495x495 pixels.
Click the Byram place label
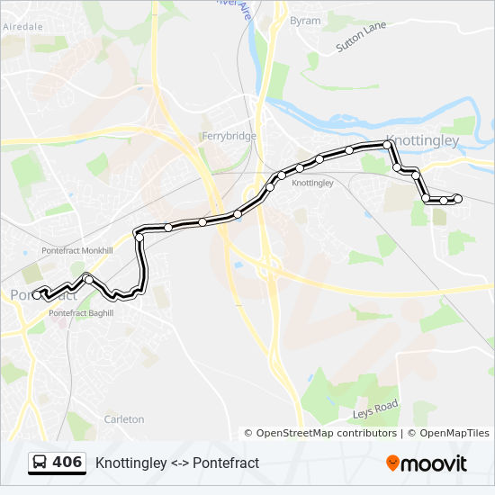(x=305, y=20)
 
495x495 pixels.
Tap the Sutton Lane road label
(x=360, y=38)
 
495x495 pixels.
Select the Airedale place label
(x=22, y=27)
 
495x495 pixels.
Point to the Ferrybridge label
(x=229, y=136)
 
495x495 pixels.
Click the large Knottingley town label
(x=421, y=141)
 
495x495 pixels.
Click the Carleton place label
(x=124, y=419)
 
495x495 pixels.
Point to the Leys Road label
(x=375, y=409)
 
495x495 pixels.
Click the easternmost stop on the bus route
(x=458, y=199)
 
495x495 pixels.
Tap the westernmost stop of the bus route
(x=38, y=290)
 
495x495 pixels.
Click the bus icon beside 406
(x=40, y=463)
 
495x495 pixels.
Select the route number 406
(x=67, y=463)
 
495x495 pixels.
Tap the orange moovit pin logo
(x=393, y=463)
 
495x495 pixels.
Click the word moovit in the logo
(x=435, y=463)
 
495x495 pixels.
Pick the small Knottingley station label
(x=313, y=183)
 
